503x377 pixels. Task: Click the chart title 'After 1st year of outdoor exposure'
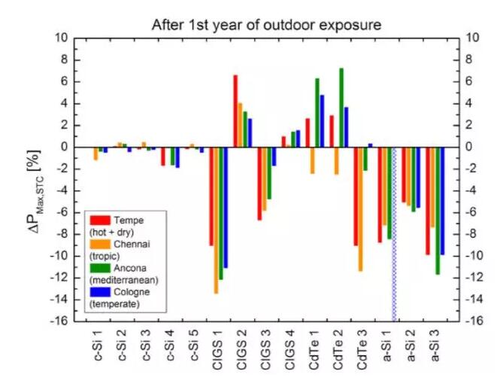point(267,24)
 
